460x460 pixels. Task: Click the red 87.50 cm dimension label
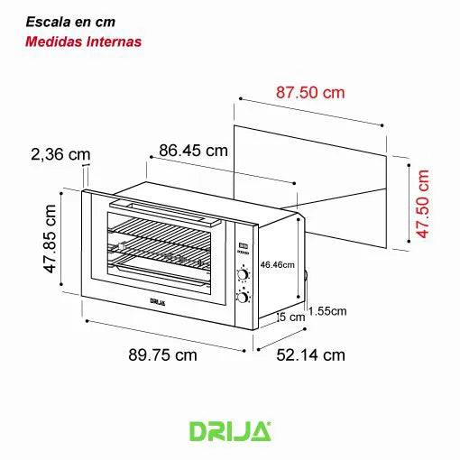(310, 93)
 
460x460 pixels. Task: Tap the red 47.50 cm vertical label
(423, 204)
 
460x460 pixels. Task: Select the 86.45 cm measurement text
(193, 151)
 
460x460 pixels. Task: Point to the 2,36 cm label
(60, 154)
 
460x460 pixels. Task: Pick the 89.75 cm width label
(161, 354)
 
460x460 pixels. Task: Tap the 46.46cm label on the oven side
(278, 265)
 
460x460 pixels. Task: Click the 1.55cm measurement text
(327, 311)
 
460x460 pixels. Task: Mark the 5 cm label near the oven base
(292, 317)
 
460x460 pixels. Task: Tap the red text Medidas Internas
(83, 41)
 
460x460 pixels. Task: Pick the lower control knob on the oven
(244, 297)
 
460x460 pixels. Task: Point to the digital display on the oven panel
(244, 245)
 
